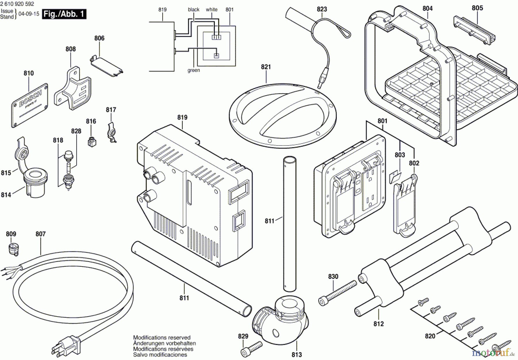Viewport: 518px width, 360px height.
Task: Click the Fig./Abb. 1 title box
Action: (x=64, y=14)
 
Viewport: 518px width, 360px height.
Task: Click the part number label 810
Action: (x=28, y=73)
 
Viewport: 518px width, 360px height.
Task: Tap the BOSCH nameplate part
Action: (x=30, y=105)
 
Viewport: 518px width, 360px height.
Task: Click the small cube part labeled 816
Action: (x=92, y=141)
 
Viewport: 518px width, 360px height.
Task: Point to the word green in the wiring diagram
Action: (x=193, y=71)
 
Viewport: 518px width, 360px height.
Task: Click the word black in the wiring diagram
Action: (x=193, y=9)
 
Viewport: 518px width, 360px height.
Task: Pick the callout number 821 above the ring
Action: (x=266, y=67)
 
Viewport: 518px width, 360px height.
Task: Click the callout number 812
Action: (x=378, y=324)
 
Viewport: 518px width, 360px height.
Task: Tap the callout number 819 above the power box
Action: (x=182, y=117)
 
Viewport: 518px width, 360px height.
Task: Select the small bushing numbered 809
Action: (x=12, y=249)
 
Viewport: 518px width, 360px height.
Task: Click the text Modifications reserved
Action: (x=162, y=338)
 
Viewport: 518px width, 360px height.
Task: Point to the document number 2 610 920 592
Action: (x=17, y=4)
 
